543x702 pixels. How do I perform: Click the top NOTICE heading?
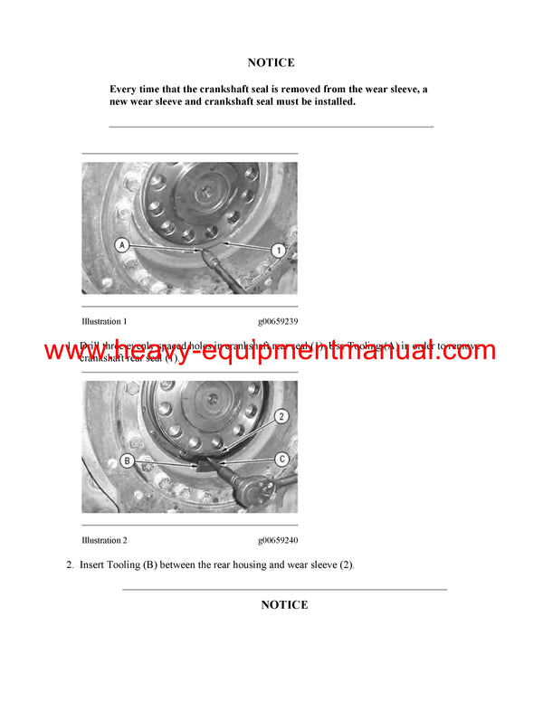pos(271,62)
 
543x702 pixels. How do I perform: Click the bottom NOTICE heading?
pos(284,605)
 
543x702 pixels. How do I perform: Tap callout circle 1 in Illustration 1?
pos(280,249)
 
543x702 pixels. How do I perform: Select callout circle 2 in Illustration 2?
pos(281,416)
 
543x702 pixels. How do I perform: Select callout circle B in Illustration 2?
pos(128,460)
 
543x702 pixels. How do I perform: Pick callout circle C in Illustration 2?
pos(281,459)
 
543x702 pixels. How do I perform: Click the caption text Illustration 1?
pos(104,321)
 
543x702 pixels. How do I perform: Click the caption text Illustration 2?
pos(104,540)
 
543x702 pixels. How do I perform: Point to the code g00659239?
pos(277,321)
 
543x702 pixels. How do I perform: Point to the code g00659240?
pos(277,540)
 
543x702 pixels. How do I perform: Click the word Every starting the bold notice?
pos(125,89)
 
